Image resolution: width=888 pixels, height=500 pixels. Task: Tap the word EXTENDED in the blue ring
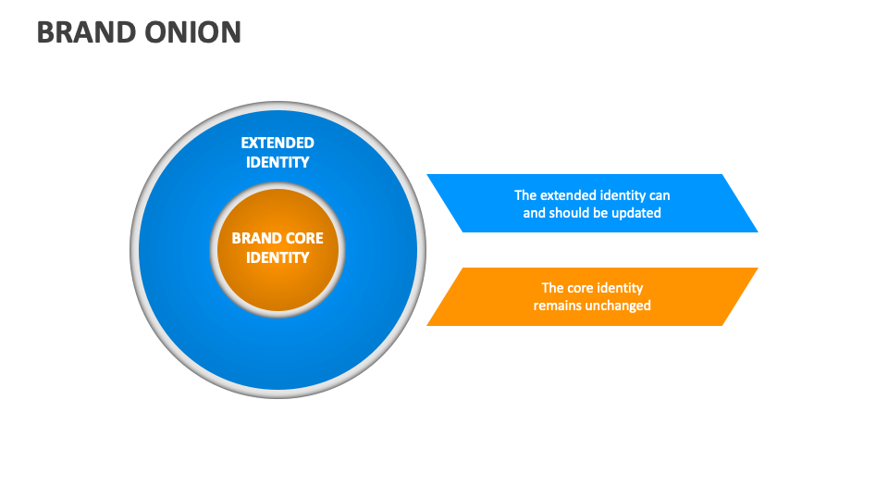click(277, 143)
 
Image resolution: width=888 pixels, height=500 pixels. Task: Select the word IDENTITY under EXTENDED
click(277, 162)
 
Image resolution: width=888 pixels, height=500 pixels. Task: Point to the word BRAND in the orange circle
click(255, 238)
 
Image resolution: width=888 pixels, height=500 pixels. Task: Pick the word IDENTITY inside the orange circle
click(277, 257)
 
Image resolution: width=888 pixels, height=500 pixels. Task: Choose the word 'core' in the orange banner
click(585, 288)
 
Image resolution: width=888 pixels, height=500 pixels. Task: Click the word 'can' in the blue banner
click(659, 195)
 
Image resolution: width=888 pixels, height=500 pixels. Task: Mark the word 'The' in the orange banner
click(552, 288)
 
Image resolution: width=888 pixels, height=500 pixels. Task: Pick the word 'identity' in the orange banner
click(623, 288)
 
